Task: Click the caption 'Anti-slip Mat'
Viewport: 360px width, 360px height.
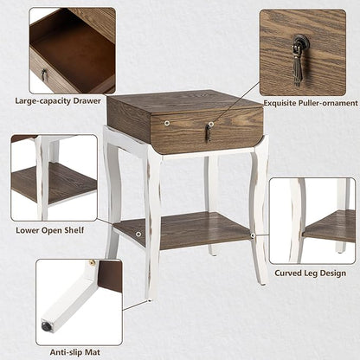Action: pyautogui.click(x=66, y=351)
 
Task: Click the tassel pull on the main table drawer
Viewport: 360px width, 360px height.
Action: pyautogui.click(x=208, y=132)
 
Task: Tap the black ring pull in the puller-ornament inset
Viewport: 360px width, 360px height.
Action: pyautogui.click(x=301, y=43)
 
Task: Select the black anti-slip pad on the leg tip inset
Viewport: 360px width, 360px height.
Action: pyautogui.click(x=45, y=327)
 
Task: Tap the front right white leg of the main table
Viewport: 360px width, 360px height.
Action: pyautogui.click(x=258, y=208)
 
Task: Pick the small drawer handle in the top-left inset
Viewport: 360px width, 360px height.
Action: pyautogui.click(x=43, y=75)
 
